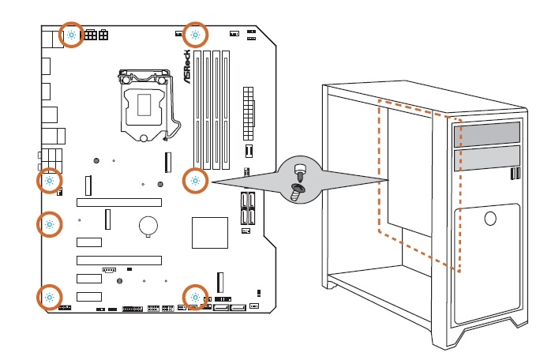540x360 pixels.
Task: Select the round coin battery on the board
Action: [148, 226]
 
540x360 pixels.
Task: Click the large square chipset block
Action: [209, 232]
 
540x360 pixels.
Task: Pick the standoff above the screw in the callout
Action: [298, 169]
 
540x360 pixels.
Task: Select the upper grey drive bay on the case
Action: [487, 133]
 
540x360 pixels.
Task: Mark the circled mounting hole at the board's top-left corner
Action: [72, 35]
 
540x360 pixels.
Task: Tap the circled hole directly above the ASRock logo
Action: [195, 35]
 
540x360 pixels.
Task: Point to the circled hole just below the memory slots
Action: [195, 181]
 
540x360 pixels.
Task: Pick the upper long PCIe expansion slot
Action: [118, 202]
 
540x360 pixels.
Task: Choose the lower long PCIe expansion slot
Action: [118, 260]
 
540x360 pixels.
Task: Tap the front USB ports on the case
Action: [516, 173]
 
